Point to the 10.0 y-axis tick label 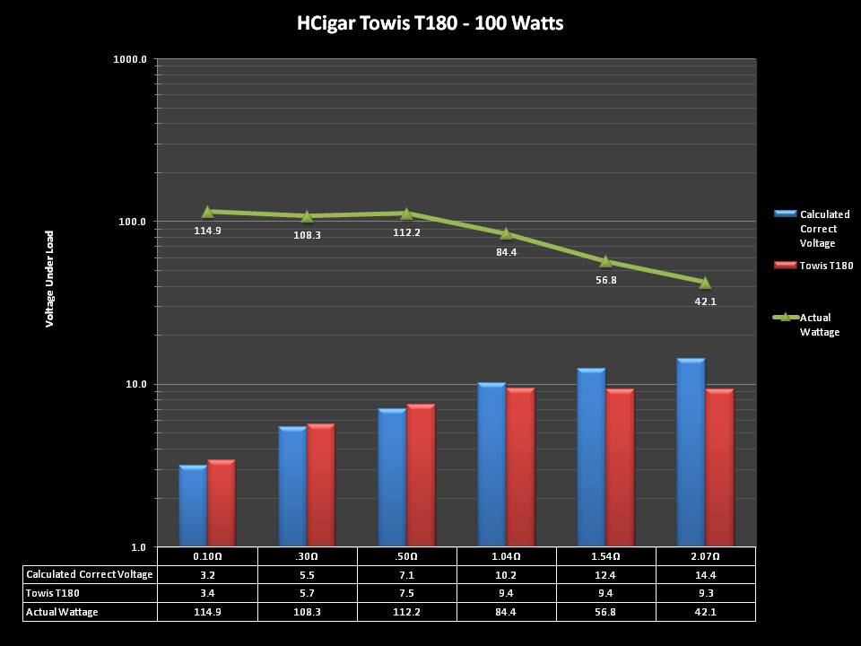coord(136,384)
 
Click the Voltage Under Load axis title coord(50,277)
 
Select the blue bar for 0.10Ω coord(193,506)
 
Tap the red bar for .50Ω coord(421,476)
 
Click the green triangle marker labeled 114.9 coord(207,212)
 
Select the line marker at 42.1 coord(705,283)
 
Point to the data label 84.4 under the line coord(506,252)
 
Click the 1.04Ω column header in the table coord(506,556)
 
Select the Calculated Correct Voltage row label coord(90,574)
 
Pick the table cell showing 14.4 coord(705,574)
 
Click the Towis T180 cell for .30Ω coord(307,593)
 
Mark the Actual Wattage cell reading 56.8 coord(605,612)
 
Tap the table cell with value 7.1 coord(406,574)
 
